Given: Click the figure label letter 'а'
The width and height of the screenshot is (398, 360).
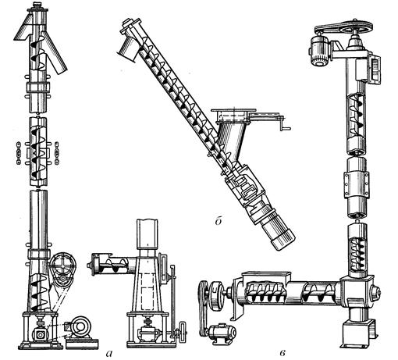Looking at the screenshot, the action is click(109, 353).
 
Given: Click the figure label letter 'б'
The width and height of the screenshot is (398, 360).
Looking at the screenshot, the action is click(218, 221).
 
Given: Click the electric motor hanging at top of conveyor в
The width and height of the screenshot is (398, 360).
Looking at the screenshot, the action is click(320, 51).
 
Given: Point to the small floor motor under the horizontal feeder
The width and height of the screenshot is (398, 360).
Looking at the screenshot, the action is click(222, 332).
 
